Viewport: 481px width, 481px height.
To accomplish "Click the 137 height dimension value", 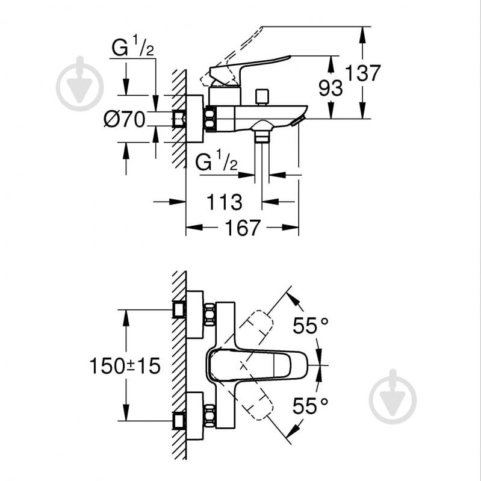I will pos(364,73).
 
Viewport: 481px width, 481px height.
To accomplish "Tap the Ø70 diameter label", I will pos(125,120).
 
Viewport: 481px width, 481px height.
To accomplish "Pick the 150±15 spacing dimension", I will pos(125,365).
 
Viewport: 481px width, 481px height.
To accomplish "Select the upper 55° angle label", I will pos(311,326).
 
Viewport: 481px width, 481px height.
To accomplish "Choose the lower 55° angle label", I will pos(311,406).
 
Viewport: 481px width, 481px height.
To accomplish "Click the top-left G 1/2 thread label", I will pos(132,47).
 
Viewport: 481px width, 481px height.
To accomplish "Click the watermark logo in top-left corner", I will pos(79,84).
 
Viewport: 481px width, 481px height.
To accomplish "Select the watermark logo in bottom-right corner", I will pos(393,397).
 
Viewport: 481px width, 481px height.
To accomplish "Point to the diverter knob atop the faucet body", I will pos(261,97).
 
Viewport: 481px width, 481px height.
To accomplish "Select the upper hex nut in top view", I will pos(209,315).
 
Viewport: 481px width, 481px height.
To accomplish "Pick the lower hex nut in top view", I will pos(209,415).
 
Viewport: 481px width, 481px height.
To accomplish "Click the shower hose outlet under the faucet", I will pos(261,136).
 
